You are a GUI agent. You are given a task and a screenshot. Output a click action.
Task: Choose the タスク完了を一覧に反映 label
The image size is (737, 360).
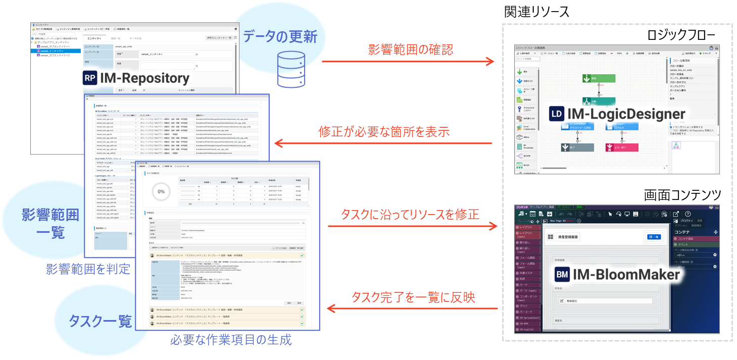[x=413, y=297]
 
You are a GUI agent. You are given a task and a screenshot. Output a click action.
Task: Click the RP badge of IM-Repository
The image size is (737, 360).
[x=90, y=78]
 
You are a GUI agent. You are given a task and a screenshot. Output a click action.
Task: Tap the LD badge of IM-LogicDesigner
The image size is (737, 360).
[x=557, y=114]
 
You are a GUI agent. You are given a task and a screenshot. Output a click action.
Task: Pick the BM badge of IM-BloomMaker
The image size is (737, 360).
[x=562, y=275]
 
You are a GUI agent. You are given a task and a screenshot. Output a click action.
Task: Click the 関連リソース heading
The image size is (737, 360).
[x=536, y=11]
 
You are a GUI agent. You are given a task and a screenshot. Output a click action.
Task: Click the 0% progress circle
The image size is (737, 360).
[x=161, y=192]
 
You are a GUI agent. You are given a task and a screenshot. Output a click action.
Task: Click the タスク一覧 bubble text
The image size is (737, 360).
[x=100, y=321]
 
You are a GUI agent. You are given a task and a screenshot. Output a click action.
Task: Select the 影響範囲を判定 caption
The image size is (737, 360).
[x=88, y=268]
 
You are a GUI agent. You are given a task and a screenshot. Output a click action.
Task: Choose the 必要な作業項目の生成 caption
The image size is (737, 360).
[x=231, y=339]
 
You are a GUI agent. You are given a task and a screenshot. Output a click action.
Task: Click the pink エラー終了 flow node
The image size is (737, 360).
[x=621, y=147]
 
